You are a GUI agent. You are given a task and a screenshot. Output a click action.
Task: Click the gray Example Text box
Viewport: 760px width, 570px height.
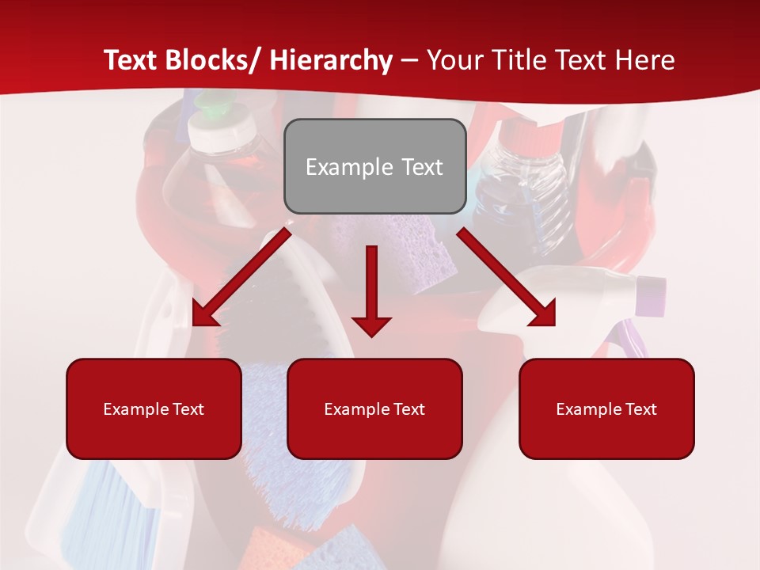click(x=374, y=166)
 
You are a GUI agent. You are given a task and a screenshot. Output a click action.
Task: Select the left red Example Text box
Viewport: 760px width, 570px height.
click(x=154, y=408)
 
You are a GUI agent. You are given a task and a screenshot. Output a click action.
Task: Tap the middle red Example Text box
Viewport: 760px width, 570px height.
click(x=374, y=408)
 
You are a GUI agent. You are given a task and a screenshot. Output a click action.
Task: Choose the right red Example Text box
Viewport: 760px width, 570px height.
click(x=606, y=408)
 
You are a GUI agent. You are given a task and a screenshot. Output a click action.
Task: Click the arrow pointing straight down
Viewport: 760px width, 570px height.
click(x=371, y=293)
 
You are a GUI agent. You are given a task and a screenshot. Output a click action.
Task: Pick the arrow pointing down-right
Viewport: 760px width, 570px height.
click(x=507, y=277)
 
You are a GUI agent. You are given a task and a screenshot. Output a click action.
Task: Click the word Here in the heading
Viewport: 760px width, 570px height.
click(x=646, y=60)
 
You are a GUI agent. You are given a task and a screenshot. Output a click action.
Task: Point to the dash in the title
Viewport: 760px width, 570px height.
click(x=409, y=60)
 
